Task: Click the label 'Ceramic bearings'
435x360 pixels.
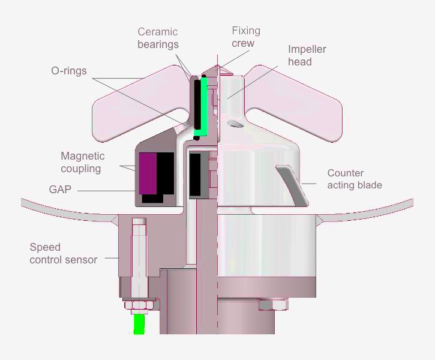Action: [158, 38]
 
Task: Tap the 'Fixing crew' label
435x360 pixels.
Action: [246, 37]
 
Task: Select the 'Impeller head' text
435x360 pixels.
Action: [307, 56]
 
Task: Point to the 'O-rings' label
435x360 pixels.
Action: [68, 71]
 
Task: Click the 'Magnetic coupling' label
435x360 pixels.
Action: [82, 163]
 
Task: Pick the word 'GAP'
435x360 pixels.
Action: [59, 190]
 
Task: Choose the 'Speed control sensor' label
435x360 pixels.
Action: [63, 254]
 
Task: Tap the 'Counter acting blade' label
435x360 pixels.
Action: [354, 179]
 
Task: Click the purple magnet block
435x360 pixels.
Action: [148, 173]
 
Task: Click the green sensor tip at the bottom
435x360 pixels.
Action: [139, 324]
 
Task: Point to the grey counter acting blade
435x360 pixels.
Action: [293, 183]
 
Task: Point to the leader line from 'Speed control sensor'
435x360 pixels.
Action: [112, 258]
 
